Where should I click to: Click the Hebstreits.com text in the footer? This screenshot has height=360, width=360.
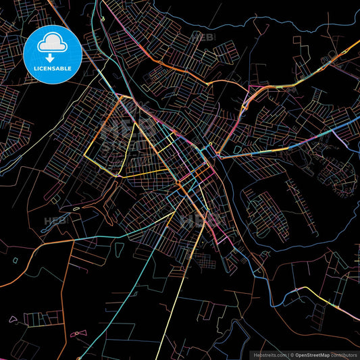[x=269, y=354]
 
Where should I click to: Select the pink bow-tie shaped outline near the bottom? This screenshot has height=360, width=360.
[x=75, y=332]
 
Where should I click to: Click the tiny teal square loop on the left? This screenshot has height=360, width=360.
[x=15, y=259]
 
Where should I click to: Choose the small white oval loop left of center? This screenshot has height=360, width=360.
[x=76, y=208]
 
